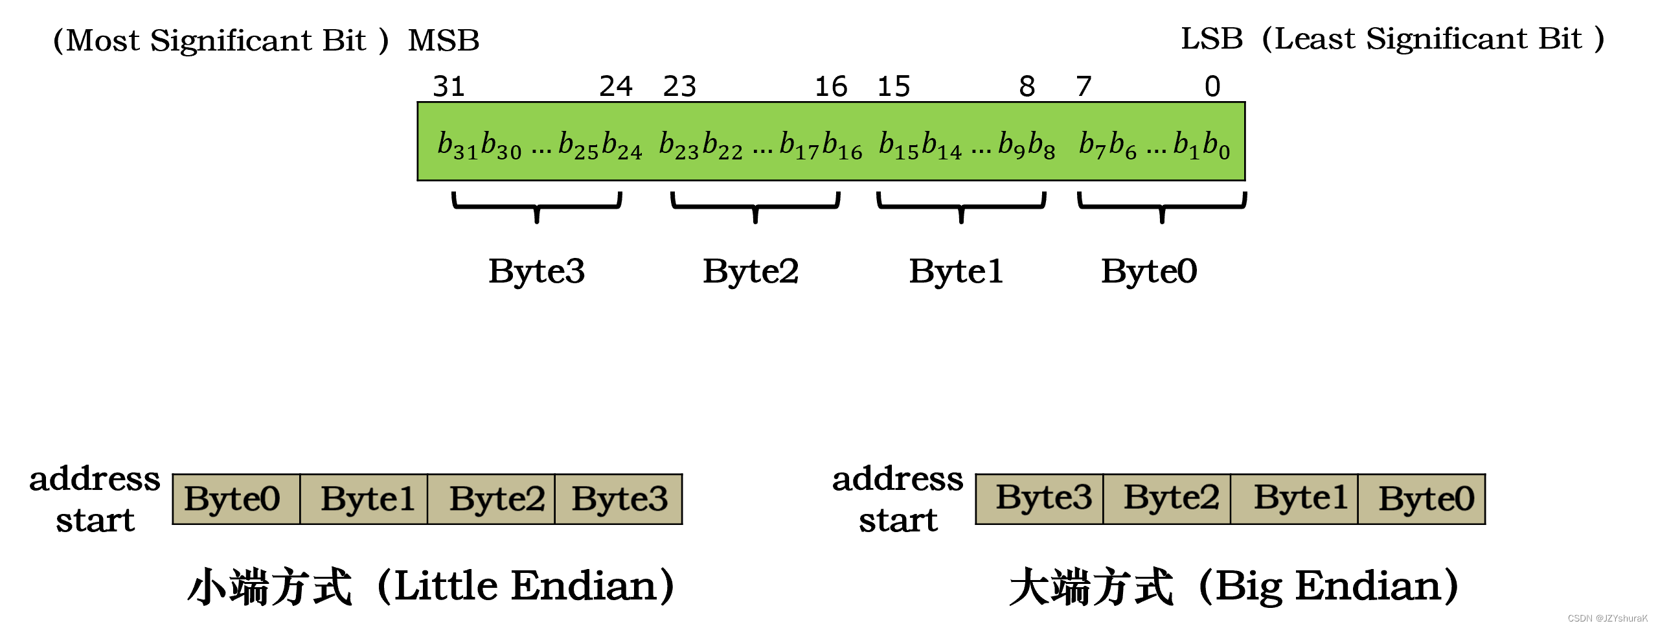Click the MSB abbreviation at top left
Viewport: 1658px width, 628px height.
[444, 40]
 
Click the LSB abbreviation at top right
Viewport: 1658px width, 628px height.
[1212, 39]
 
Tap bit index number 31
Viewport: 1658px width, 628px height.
[448, 86]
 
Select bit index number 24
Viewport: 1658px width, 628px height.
[615, 86]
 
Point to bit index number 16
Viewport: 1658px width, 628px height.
[831, 86]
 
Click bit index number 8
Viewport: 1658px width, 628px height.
[1027, 86]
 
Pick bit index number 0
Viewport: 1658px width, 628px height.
[1212, 86]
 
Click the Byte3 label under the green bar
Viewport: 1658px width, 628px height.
[536, 271]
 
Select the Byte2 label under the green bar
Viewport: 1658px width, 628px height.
[751, 271]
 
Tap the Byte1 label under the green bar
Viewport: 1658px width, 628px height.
[956, 271]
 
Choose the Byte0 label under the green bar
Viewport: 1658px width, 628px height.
[1149, 271]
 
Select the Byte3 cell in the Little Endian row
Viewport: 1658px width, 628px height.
[619, 499]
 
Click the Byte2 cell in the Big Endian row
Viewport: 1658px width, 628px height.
[1168, 498]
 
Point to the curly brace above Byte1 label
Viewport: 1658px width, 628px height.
[961, 207]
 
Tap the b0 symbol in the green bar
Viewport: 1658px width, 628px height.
[1216, 145]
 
